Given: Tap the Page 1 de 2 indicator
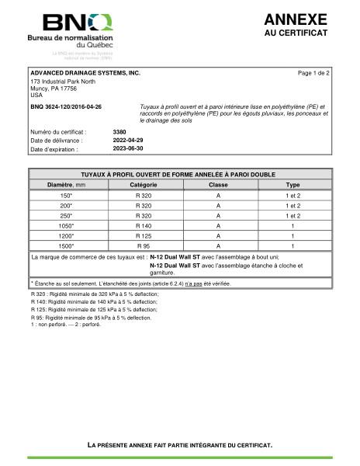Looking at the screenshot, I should click(x=314, y=72).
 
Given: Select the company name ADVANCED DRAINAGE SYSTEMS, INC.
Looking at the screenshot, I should click(x=85, y=72).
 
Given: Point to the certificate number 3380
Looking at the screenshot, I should click(x=119, y=132).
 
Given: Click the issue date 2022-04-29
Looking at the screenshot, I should click(x=128, y=141).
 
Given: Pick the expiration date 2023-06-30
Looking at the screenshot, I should click(x=128, y=149).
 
